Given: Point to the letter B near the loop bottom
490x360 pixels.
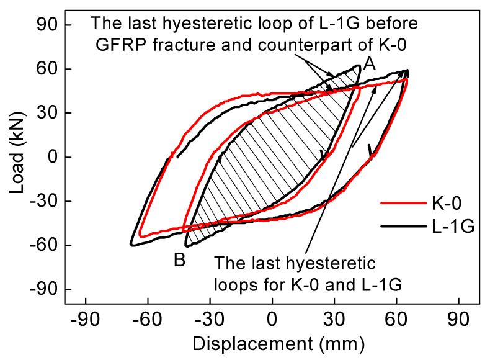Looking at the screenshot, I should [180, 261].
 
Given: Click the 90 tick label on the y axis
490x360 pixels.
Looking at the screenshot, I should [45, 25].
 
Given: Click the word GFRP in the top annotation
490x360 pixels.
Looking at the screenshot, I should [117, 43].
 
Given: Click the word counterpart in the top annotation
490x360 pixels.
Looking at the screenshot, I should [266, 43].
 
